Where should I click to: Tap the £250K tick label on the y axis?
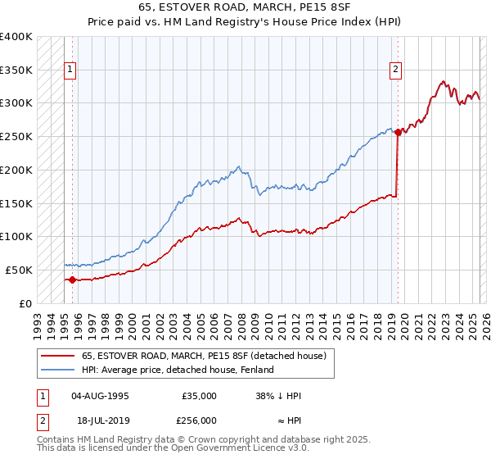point(16,136)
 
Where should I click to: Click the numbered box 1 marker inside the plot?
point(71,70)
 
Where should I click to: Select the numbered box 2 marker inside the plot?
point(395,70)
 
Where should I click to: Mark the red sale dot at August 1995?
point(72,279)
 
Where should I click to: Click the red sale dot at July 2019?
point(398,132)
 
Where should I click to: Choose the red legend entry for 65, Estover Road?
point(204,357)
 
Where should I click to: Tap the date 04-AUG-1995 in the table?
point(101,396)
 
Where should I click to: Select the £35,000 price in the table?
point(199,396)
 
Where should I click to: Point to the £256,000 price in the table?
point(199,420)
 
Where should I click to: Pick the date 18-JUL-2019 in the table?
point(101,420)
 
